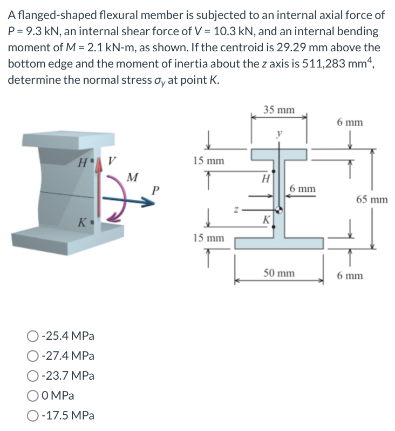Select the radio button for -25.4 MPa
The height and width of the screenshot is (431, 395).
[31, 336]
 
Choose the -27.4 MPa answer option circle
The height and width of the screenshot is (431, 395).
[31, 356]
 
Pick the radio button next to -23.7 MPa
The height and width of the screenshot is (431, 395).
[31, 376]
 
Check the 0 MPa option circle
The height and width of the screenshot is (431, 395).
[31, 396]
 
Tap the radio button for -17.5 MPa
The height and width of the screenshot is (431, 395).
[31, 416]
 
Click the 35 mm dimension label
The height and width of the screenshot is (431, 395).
[279, 110]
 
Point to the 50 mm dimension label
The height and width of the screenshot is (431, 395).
[279, 273]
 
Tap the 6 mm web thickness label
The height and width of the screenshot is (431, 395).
[302, 188]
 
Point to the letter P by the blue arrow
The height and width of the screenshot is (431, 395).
[156, 190]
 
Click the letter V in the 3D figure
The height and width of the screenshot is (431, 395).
[112, 160]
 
